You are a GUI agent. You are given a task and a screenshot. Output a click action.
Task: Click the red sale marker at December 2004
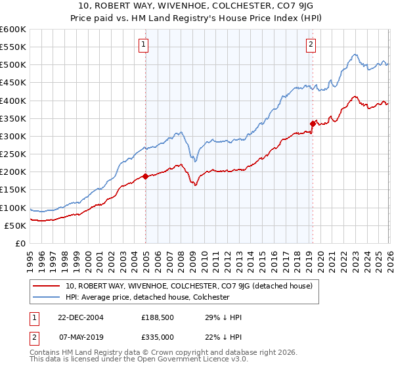[145, 176]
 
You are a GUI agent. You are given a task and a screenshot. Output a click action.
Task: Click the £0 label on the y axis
[20, 243]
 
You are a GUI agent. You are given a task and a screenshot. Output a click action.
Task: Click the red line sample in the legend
[47, 286]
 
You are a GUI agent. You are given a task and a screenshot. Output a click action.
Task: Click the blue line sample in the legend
[47, 297]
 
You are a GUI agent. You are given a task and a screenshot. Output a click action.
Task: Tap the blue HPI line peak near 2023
[354, 55]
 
